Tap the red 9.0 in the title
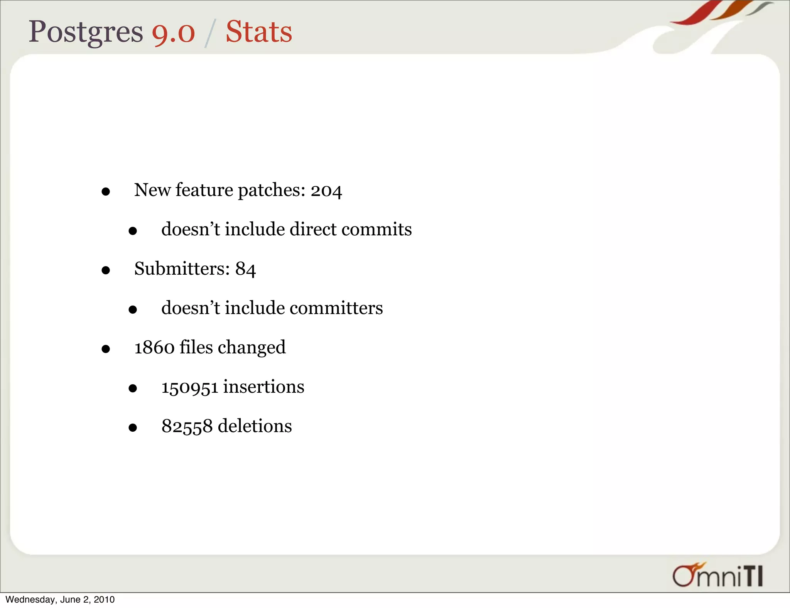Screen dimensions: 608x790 coord(173,32)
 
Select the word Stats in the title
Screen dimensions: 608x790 coord(259,32)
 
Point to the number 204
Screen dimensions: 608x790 coord(326,191)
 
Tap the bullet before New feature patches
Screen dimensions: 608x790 coord(106,192)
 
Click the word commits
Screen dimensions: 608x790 coord(376,229)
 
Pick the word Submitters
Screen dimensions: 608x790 coord(182,269)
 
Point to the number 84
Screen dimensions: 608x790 coord(246,269)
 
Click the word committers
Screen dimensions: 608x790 coord(336,308)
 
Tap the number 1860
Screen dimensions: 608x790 coord(154,347)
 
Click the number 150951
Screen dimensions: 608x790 coord(189,387)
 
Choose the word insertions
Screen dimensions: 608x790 coord(263,387)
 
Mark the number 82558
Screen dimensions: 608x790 coord(187,426)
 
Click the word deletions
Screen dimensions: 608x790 coord(255,426)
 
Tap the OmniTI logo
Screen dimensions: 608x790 coord(717,575)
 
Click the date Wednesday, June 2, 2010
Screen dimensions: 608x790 coord(60,600)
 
